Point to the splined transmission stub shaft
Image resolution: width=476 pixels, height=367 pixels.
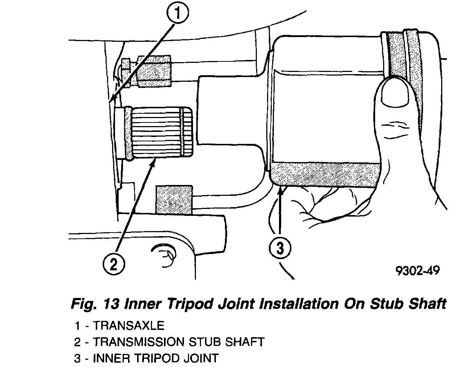[x=160, y=133]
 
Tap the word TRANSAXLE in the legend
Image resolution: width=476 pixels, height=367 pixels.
[x=129, y=325]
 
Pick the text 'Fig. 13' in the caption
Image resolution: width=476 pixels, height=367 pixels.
[x=95, y=303]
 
